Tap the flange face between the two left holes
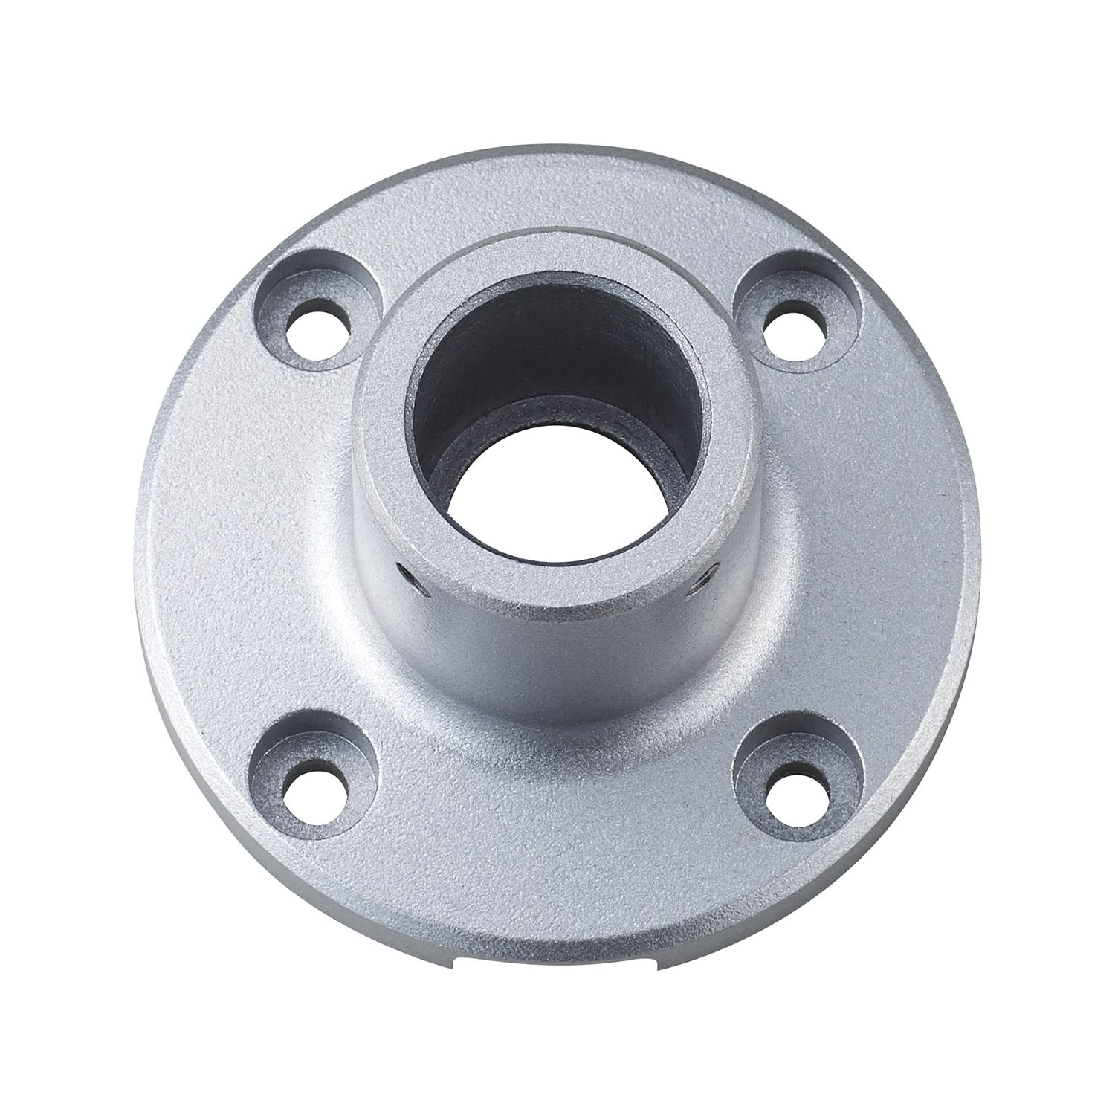tap(245, 557)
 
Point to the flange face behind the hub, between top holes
tap(557, 201)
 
